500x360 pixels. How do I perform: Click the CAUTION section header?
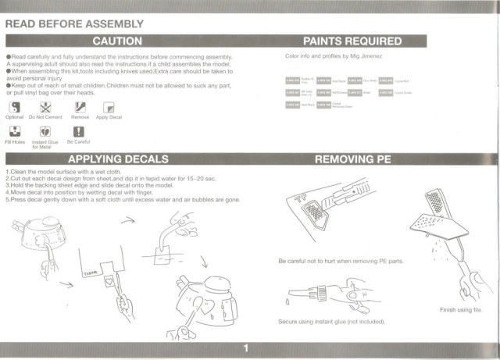117,41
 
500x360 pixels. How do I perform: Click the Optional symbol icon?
15,106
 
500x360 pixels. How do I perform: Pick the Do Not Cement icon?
45,106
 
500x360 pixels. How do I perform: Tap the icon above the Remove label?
80,106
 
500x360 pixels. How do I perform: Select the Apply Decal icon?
109,106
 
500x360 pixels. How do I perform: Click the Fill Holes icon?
15,132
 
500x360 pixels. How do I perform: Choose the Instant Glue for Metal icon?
45,132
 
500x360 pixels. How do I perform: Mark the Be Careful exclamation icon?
78,132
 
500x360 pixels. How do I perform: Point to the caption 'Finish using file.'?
463,310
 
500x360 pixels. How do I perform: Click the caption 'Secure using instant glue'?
330,321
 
